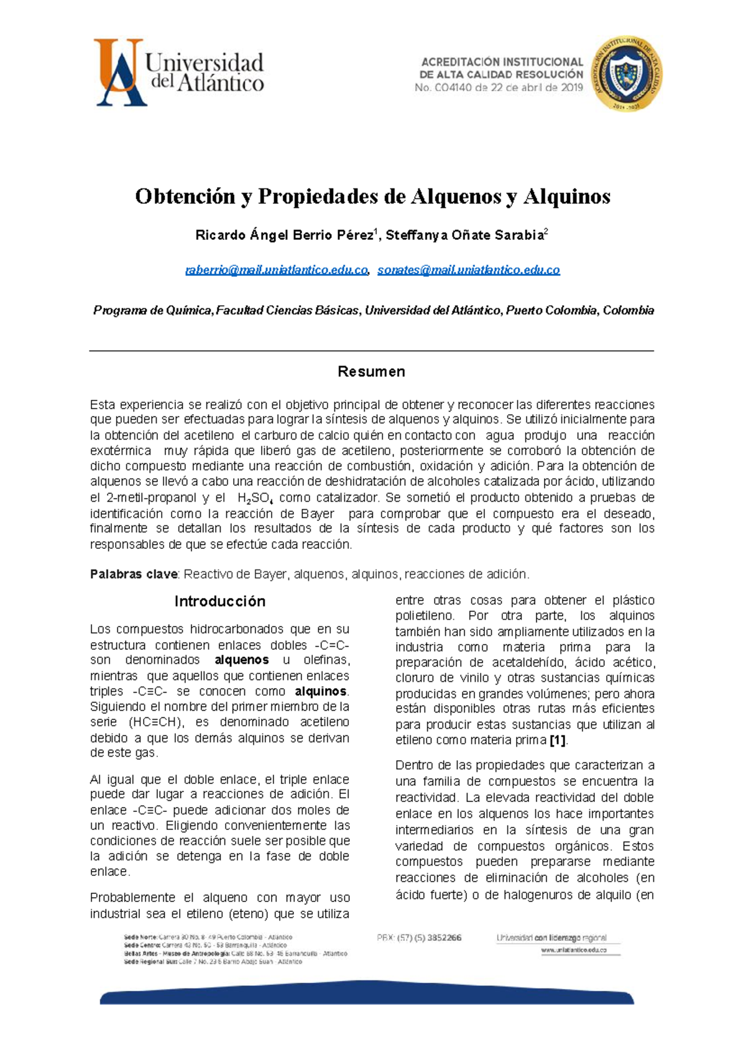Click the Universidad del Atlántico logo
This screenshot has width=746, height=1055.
(x=179, y=72)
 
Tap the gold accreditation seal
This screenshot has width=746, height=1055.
(x=626, y=73)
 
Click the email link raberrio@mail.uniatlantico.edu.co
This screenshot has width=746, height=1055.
(x=277, y=270)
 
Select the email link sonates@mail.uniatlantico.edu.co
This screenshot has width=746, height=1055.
(x=469, y=270)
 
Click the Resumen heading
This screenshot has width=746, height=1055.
(x=371, y=372)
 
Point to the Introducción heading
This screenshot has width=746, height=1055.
(x=219, y=601)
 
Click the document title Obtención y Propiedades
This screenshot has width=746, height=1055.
(x=372, y=196)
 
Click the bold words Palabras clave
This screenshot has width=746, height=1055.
(x=134, y=574)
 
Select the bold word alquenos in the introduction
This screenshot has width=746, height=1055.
(x=242, y=660)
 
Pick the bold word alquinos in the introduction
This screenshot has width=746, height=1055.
(x=321, y=691)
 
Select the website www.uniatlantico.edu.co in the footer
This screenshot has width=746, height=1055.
(x=573, y=950)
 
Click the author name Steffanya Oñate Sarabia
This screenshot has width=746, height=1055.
(x=464, y=236)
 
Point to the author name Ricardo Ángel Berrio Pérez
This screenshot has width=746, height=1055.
(x=284, y=236)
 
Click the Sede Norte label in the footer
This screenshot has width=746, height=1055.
(x=140, y=937)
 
